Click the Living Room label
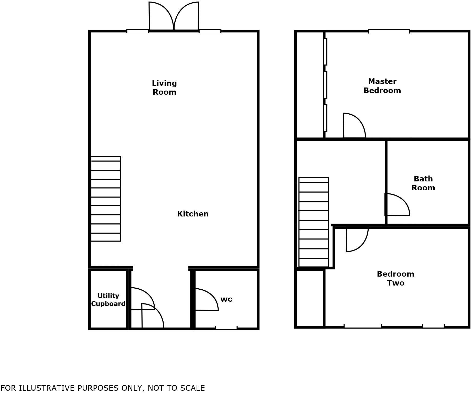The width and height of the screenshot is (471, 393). pyautogui.click(x=164, y=88)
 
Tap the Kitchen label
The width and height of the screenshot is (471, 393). pyautogui.click(x=193, y=214)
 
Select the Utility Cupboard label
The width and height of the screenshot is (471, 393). pyautogui.click(x=108, y=300)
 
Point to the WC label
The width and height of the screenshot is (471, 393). pyautogui.click(x=226, y=299)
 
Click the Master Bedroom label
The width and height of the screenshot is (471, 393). pyautogui.click(x=382, y=86)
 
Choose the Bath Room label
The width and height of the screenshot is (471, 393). pyautogui.click(x=423, y=183)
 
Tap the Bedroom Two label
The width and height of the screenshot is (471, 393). pyautogui.click(x=395, y=278)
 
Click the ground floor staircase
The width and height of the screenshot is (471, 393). pyautogui.click(x=106, y=199)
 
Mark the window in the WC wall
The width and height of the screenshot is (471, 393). pyautogui.click(x=226, y=328)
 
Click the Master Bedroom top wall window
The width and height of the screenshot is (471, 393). pyautogui.click(x=389, y=31)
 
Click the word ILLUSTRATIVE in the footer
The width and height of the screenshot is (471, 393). pyautogui.click(x=47, y=388)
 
